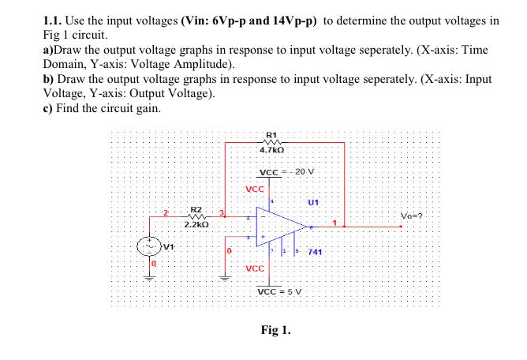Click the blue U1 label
pos(314,202)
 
